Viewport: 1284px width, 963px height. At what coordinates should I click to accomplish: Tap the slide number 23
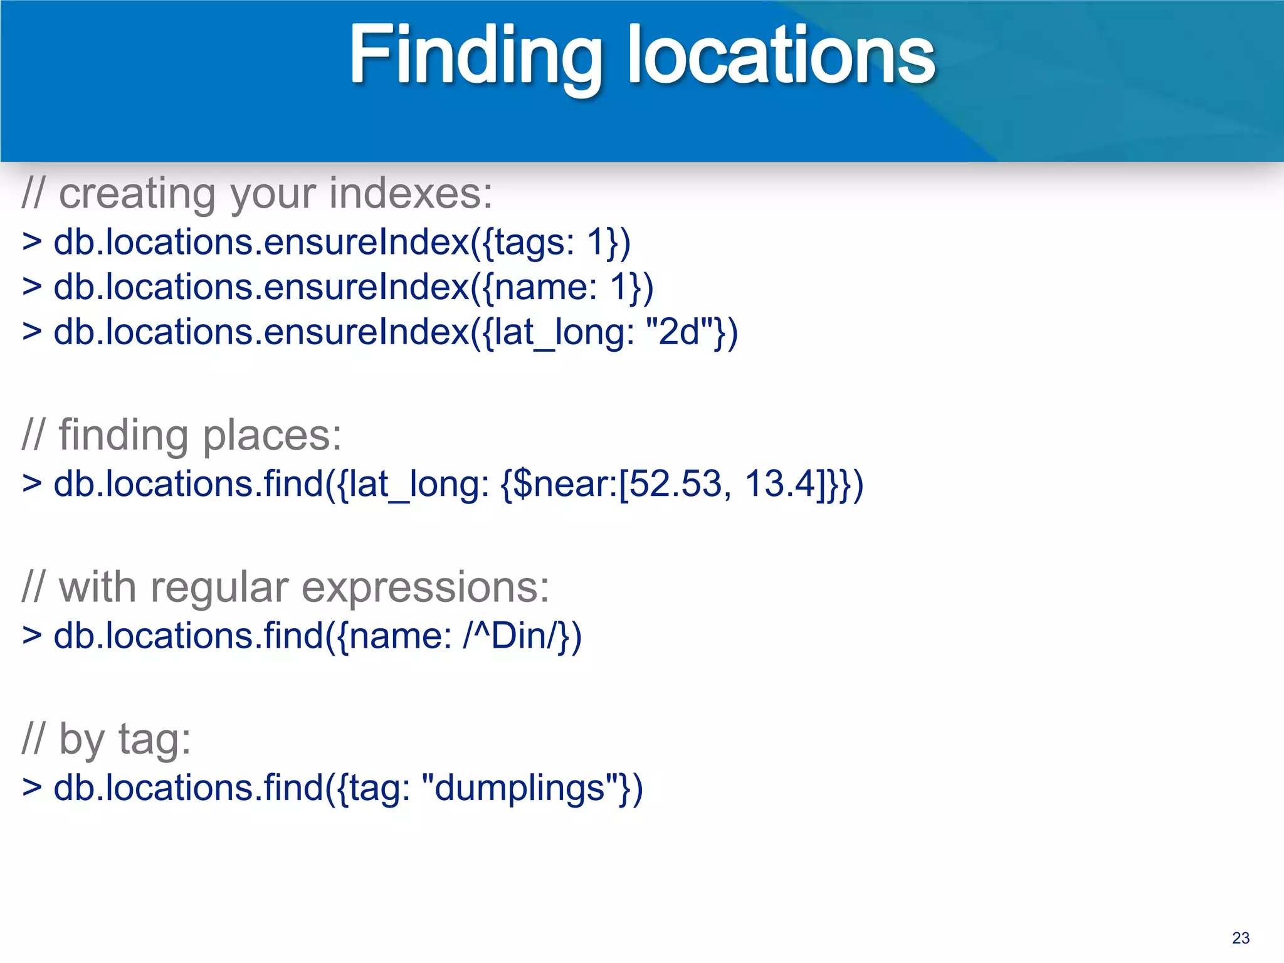pos(1240,938)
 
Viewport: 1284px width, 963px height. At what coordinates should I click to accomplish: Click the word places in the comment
pos(272,435)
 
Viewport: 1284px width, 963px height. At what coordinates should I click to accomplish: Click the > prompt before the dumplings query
pos(32,787)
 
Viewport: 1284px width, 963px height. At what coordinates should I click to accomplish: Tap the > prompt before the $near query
pos(32,484)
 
